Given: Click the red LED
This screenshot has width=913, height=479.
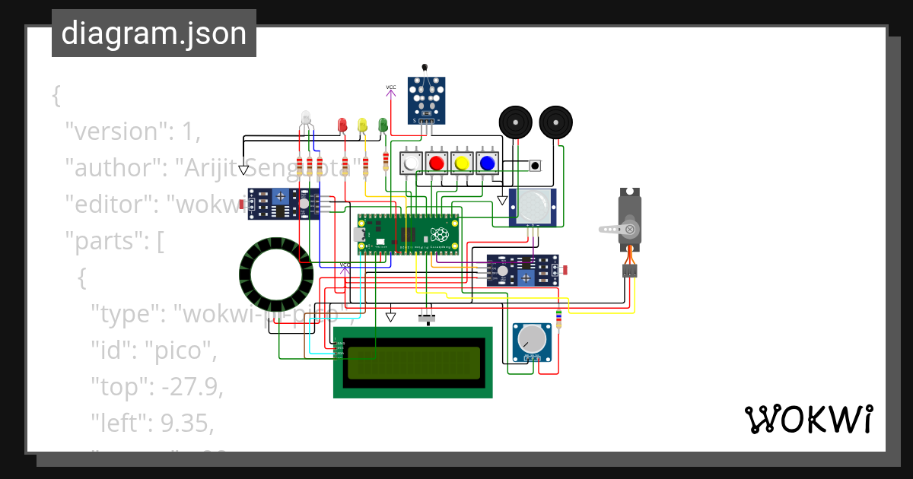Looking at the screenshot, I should pyautogui.click(x=342, y=123).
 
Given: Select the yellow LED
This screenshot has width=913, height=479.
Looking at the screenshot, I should pyautogui.click(x=362, y=123).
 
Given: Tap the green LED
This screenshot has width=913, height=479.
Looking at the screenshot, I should pyautogui.click(x=383, y=123).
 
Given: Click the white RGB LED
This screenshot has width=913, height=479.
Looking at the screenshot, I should pyautogui.click(x=306, y=118).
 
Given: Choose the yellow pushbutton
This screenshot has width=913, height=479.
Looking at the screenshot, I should pyautogui.click(x=460, y=163).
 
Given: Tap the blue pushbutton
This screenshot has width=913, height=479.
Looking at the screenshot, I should pyautogui.click(x=485, y=163).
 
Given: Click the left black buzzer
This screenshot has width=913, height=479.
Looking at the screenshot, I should pyautogui.click(x=515, y=122).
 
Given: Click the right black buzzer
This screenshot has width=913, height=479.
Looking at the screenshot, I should pyautogui.click(x=556, y=122).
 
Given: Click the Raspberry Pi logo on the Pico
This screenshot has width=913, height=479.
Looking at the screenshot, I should pyautogui.click(x=439, y=233).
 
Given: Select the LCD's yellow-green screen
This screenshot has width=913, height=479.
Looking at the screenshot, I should pyautogui.click(x=413, y=363).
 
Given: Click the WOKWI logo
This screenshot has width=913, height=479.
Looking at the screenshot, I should pyautogui.click(x=808, y=419).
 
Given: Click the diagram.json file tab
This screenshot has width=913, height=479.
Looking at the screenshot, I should pyautogui.click(x=154, y=34).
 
